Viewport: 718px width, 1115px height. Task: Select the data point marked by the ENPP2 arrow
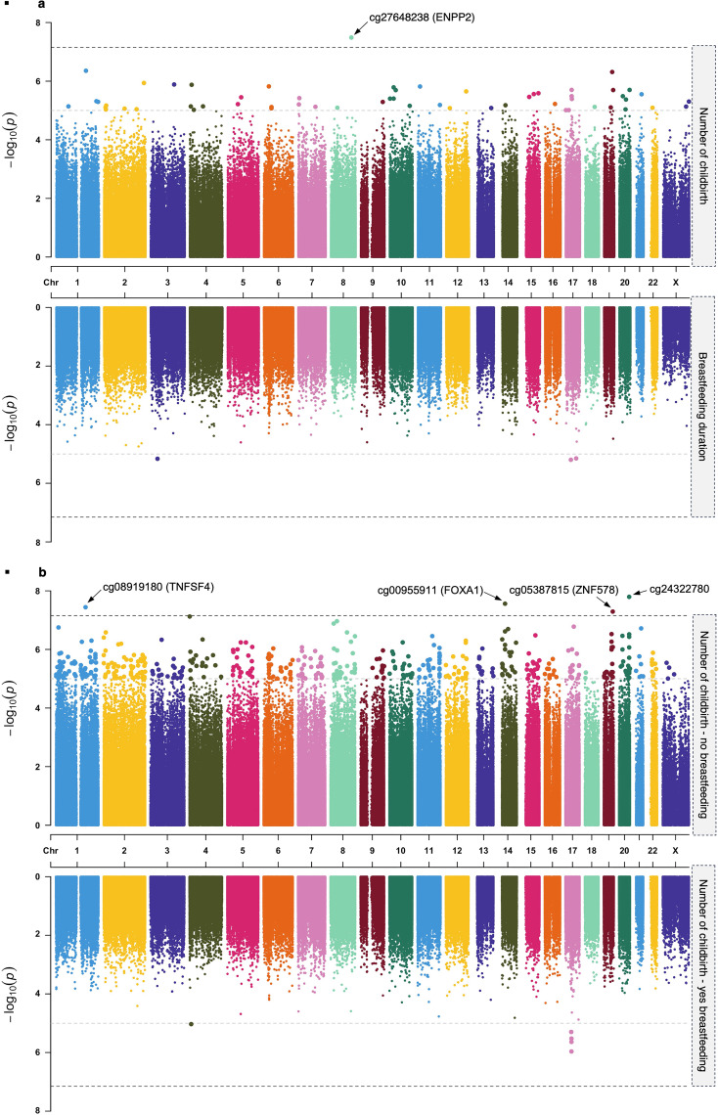[x=351, y=37]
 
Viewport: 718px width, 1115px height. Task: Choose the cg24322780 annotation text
[x=676, y=588]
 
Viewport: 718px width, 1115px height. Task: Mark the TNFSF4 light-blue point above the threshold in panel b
[x=86, y=606]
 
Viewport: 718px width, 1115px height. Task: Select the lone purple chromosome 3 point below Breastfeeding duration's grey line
[x=157, y=459]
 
